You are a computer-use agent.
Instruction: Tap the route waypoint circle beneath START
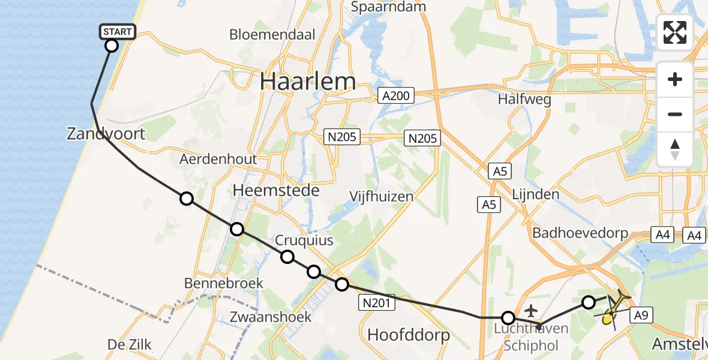click(111, 46)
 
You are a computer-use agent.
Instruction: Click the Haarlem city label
click(308, 82)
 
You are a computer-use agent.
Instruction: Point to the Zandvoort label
click(106, 133)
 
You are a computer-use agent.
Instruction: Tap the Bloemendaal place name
click(272, 34)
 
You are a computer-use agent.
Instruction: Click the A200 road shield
click(396, 95)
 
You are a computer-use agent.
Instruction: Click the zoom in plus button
click(675, 79)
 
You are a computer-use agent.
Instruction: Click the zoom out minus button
click(675, 114)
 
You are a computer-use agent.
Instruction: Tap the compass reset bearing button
click(675, 149)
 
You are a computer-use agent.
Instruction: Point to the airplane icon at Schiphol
click(531, 311)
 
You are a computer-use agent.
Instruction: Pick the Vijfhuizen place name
click(382, 196)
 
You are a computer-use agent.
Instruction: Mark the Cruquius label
click(304, 241)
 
